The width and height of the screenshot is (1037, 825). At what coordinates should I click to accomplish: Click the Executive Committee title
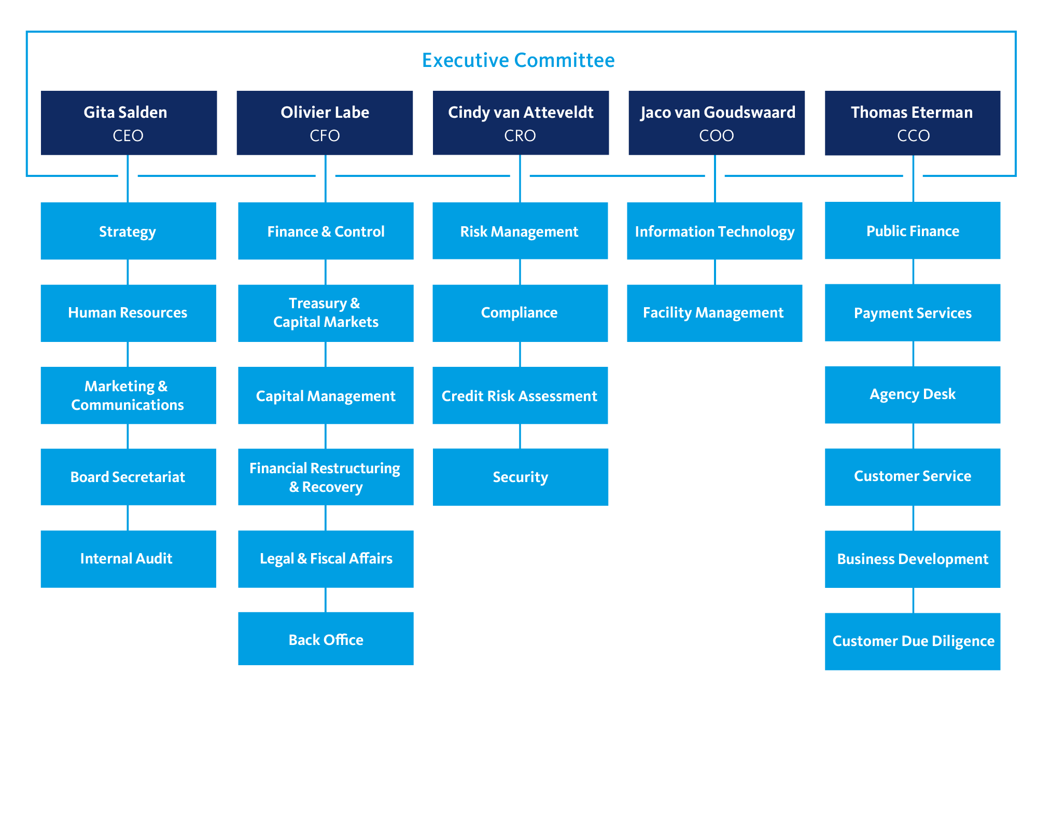(x=518, y=60)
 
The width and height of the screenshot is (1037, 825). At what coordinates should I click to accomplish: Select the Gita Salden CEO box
(x=129, y=123)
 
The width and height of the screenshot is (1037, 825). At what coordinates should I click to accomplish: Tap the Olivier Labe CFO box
(x=325, y=123)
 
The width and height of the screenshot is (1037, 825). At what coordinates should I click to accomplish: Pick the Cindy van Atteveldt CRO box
(x=521, y=123)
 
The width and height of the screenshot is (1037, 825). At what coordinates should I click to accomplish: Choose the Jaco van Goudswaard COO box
(x=717, y=123)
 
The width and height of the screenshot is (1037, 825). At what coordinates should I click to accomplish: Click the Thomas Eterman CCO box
(x=913, y=123)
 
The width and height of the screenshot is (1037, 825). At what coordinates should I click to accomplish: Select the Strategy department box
(x=129, y=231)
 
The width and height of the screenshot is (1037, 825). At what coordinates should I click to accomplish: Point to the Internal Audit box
(x=129, y=559)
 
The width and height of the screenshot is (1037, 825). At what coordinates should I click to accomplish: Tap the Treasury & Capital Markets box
(x=326, y=313)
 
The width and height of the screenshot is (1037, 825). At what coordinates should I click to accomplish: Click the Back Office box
(x=326, y=639)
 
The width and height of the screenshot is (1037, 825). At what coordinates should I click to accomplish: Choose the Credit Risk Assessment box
(x=520, y=395)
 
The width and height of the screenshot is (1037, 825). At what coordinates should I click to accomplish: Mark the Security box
(x=520, y=477)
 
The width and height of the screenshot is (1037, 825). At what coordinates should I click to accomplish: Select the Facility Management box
(x=714, y=313)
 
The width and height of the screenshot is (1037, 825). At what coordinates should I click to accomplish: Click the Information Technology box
(x=714, y=231)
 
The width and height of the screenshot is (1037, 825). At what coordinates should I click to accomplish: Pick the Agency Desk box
(x=913, y=395)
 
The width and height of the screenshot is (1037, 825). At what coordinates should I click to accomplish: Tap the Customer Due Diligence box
(x=913, y=641)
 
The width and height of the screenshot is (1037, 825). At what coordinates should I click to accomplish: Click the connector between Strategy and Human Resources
(x=128, y=272)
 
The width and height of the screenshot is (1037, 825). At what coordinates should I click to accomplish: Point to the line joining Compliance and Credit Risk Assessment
(x=520, y=354)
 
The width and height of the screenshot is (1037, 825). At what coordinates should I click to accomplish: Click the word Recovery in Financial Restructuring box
(x=332, y=487)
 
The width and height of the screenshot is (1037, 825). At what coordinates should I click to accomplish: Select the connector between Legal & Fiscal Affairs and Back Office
(x=326, y=600)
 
